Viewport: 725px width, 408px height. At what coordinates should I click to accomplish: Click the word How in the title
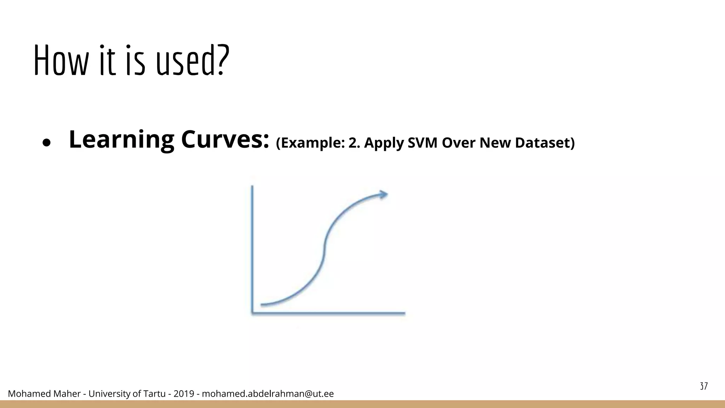(x=60, y=61)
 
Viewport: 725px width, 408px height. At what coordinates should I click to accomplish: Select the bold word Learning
(x=121, y=140)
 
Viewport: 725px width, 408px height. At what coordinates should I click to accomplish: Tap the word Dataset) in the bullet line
(x=545, y=143)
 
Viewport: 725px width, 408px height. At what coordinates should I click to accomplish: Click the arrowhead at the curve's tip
(x=383, y=194)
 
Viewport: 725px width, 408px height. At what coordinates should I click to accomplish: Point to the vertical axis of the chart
(x=252, y=248)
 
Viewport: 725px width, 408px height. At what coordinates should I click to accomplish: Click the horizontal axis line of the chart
(x=329, y=313)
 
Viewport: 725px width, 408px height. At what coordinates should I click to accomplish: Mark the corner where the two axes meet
(x=252, y=313)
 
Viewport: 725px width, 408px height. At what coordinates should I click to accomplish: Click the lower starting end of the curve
(x=262, y=304)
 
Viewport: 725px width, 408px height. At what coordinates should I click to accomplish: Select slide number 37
(x=704, y=386)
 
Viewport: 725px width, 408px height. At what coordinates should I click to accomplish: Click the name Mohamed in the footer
(x=25, y=394)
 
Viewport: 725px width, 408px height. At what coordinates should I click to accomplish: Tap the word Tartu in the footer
(x=154, y=394)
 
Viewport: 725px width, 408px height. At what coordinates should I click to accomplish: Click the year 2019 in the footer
(x=184, y=394)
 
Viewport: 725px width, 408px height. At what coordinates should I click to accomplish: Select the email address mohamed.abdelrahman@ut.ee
(x=268, y=394)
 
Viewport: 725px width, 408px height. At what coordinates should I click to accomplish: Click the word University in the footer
(x=109, y=394)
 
